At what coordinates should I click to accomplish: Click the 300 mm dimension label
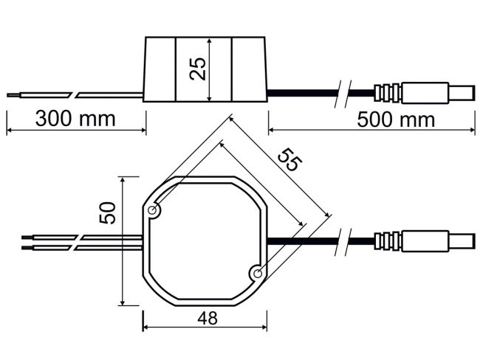coord(75,118)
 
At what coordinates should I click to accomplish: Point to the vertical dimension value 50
coord(109,214)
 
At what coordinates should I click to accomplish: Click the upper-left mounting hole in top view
coord(154,212)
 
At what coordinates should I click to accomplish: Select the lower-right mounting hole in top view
coord(258,274)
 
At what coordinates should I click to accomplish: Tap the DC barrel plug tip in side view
coord(462,94)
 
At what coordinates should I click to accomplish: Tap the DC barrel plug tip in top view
coord(462,241)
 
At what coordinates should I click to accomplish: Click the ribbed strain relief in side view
coord(388,94)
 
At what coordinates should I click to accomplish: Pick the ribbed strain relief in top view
coord(388,241)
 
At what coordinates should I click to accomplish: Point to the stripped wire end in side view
coord(15,94)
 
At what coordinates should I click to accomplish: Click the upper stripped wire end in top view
coord(28,238)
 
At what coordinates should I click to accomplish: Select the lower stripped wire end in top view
coord(28,246)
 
